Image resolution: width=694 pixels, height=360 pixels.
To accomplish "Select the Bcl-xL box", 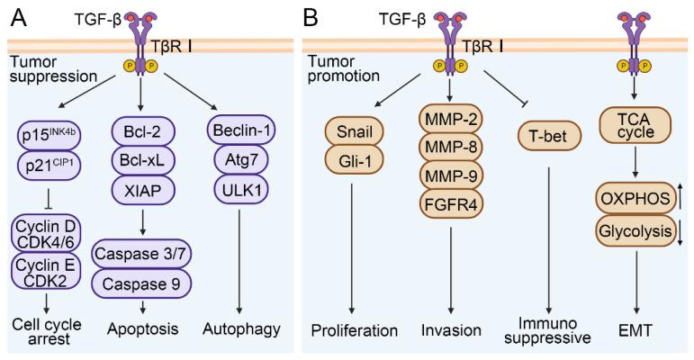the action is [141, 160].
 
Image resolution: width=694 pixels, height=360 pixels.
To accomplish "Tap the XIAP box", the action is [141, 191].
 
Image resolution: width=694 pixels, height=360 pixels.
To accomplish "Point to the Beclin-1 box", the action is [241, 130].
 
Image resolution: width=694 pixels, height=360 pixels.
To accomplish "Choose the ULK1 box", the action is [241, 190].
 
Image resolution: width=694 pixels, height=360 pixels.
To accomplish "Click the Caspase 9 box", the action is [141, 283].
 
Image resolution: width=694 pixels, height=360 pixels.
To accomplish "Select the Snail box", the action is [354, 131].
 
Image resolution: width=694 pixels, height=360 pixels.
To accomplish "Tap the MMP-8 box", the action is [451, 147].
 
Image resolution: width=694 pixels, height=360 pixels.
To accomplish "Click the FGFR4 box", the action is [451, 204].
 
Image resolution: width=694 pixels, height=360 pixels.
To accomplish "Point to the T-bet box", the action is [548, 136].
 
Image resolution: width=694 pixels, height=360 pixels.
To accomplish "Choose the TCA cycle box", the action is [635, 125].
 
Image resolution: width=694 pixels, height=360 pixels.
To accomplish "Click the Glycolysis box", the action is [635, 230].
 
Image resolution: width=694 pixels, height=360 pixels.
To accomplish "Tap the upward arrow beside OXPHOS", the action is [680, 197].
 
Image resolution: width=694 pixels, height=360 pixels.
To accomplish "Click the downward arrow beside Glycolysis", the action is [680, 232].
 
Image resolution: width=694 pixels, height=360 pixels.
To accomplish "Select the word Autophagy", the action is [241, 329].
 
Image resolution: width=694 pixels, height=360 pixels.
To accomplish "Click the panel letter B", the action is [311, 18].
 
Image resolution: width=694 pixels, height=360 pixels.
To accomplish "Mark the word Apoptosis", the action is [142, 329].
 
